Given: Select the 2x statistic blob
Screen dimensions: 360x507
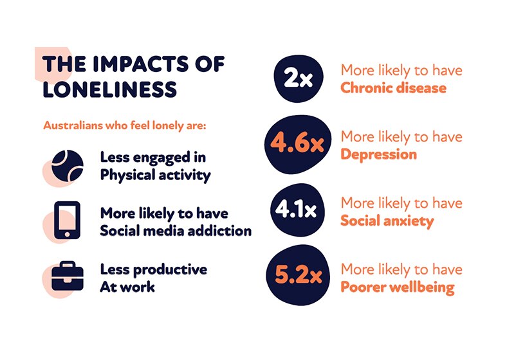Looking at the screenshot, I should click(x=298, y=78).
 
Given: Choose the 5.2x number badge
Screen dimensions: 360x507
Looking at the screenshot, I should click(x=297, y=278).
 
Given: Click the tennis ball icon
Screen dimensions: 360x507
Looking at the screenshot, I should click(x=68, y=165).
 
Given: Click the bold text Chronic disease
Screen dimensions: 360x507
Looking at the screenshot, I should click(x=393, y=87).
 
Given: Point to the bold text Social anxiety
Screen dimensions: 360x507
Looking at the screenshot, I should click(x=387, y=221).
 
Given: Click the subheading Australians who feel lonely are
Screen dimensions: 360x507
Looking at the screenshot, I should click(x=124, y=125).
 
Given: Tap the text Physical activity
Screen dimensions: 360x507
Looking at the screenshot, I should click(x=155, y=175).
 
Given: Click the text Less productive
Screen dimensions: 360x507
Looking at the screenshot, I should click(x=153, y=269).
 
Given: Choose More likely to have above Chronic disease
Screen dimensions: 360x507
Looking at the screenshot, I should click(x=401, y=70).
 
